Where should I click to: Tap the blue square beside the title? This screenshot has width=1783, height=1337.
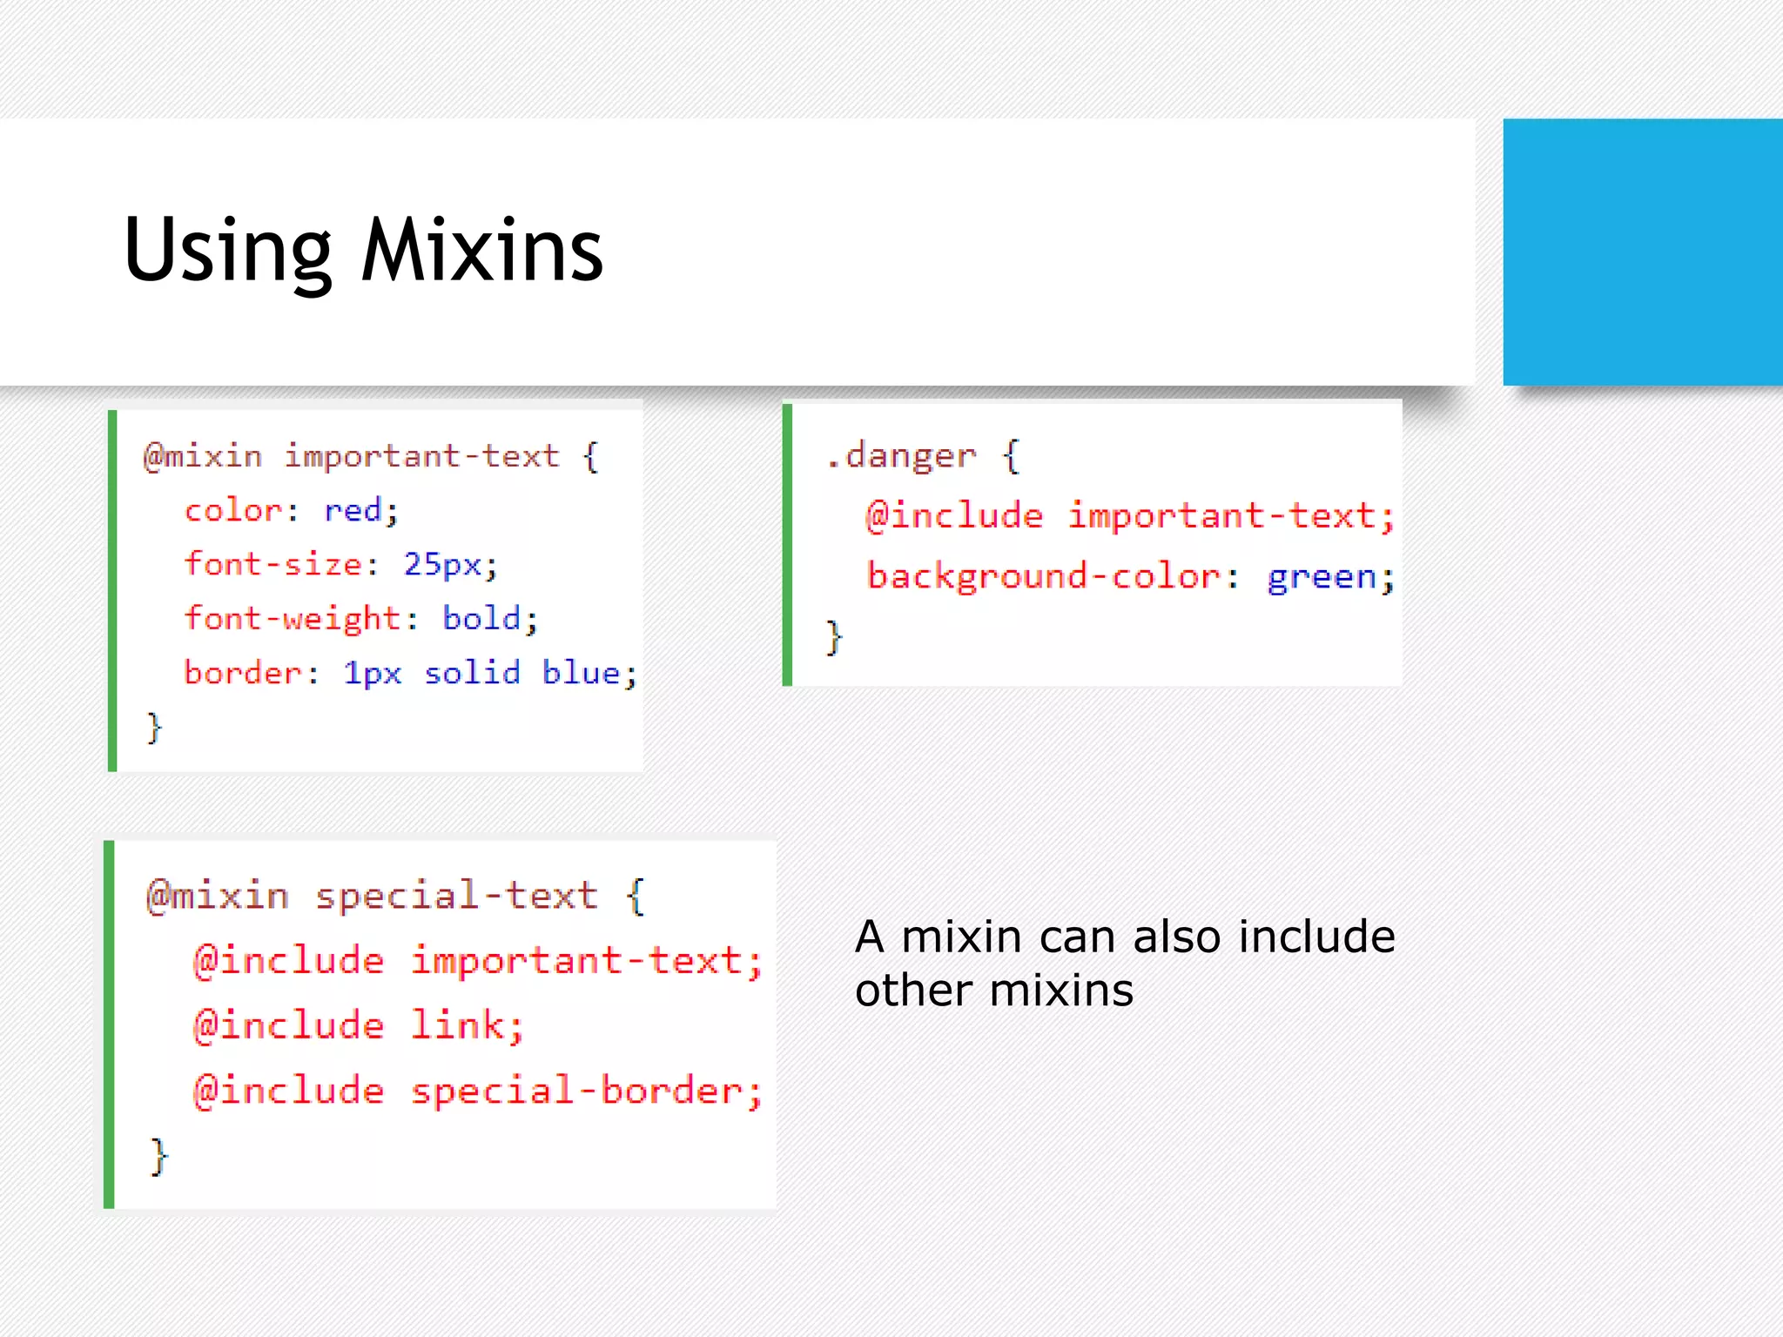tap(1642, 252)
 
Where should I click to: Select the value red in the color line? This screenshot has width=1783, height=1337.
tap(353, 510)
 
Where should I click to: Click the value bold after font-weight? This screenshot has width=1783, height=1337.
tap(481, 618)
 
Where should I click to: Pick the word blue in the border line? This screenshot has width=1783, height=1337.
tap(581, 673)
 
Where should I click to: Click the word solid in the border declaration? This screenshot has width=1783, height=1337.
tap(472, 673)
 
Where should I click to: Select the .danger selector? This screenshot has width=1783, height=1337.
tap(901, 455)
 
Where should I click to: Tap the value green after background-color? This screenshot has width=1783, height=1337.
tap(1321, 577)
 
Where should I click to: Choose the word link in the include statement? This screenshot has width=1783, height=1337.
tap(457, 1025)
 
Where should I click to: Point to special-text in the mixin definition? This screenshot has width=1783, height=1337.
tap(456, 896)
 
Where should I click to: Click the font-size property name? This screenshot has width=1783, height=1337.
tap(273, 564)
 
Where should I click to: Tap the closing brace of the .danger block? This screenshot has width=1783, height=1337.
tap(833, 637)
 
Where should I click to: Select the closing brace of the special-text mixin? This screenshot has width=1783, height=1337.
tap(158, 1157)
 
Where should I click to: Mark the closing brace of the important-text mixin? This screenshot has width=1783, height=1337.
tap(154, 727)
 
